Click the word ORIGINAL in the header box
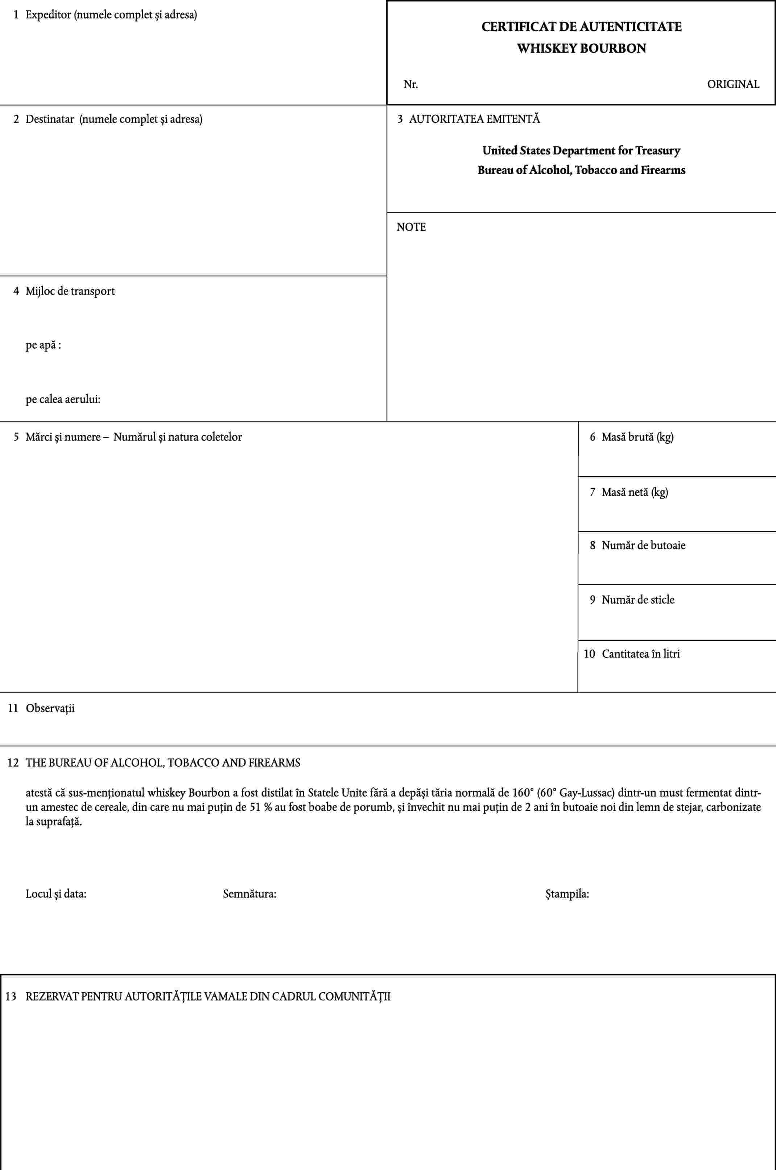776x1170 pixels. [732, 84]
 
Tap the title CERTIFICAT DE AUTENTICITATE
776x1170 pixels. [582, 27]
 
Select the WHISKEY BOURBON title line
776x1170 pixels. [582, 49]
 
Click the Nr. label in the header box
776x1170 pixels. [411, 85]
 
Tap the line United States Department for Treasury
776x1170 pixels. [582, 151]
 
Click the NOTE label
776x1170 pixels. [411, 227]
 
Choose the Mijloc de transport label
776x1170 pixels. [70, 291]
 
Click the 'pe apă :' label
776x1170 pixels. [44, 345]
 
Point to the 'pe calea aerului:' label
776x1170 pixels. [63, 399]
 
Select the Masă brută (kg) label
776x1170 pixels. [637, 437]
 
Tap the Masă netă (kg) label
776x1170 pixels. [635, 492]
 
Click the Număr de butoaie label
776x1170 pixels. [643, 546]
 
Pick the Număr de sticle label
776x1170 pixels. [638, 600]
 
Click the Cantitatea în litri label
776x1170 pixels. [640, 654]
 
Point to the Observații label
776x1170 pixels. [50, 709]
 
